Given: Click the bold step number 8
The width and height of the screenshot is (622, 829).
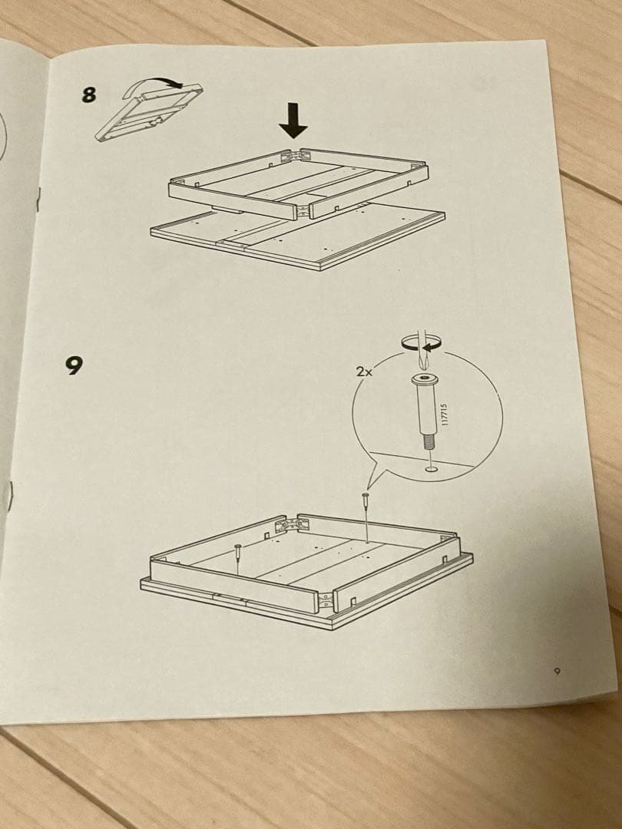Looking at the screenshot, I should pos(90,94).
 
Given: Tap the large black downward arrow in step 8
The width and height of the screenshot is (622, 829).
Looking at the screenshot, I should pos(293,121).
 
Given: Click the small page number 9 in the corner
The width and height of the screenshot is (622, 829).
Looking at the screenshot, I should pos(558,671).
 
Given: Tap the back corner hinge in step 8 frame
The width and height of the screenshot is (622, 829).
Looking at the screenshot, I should pos(292,155).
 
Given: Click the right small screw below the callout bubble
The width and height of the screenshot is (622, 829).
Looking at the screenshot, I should pos(366,500).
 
